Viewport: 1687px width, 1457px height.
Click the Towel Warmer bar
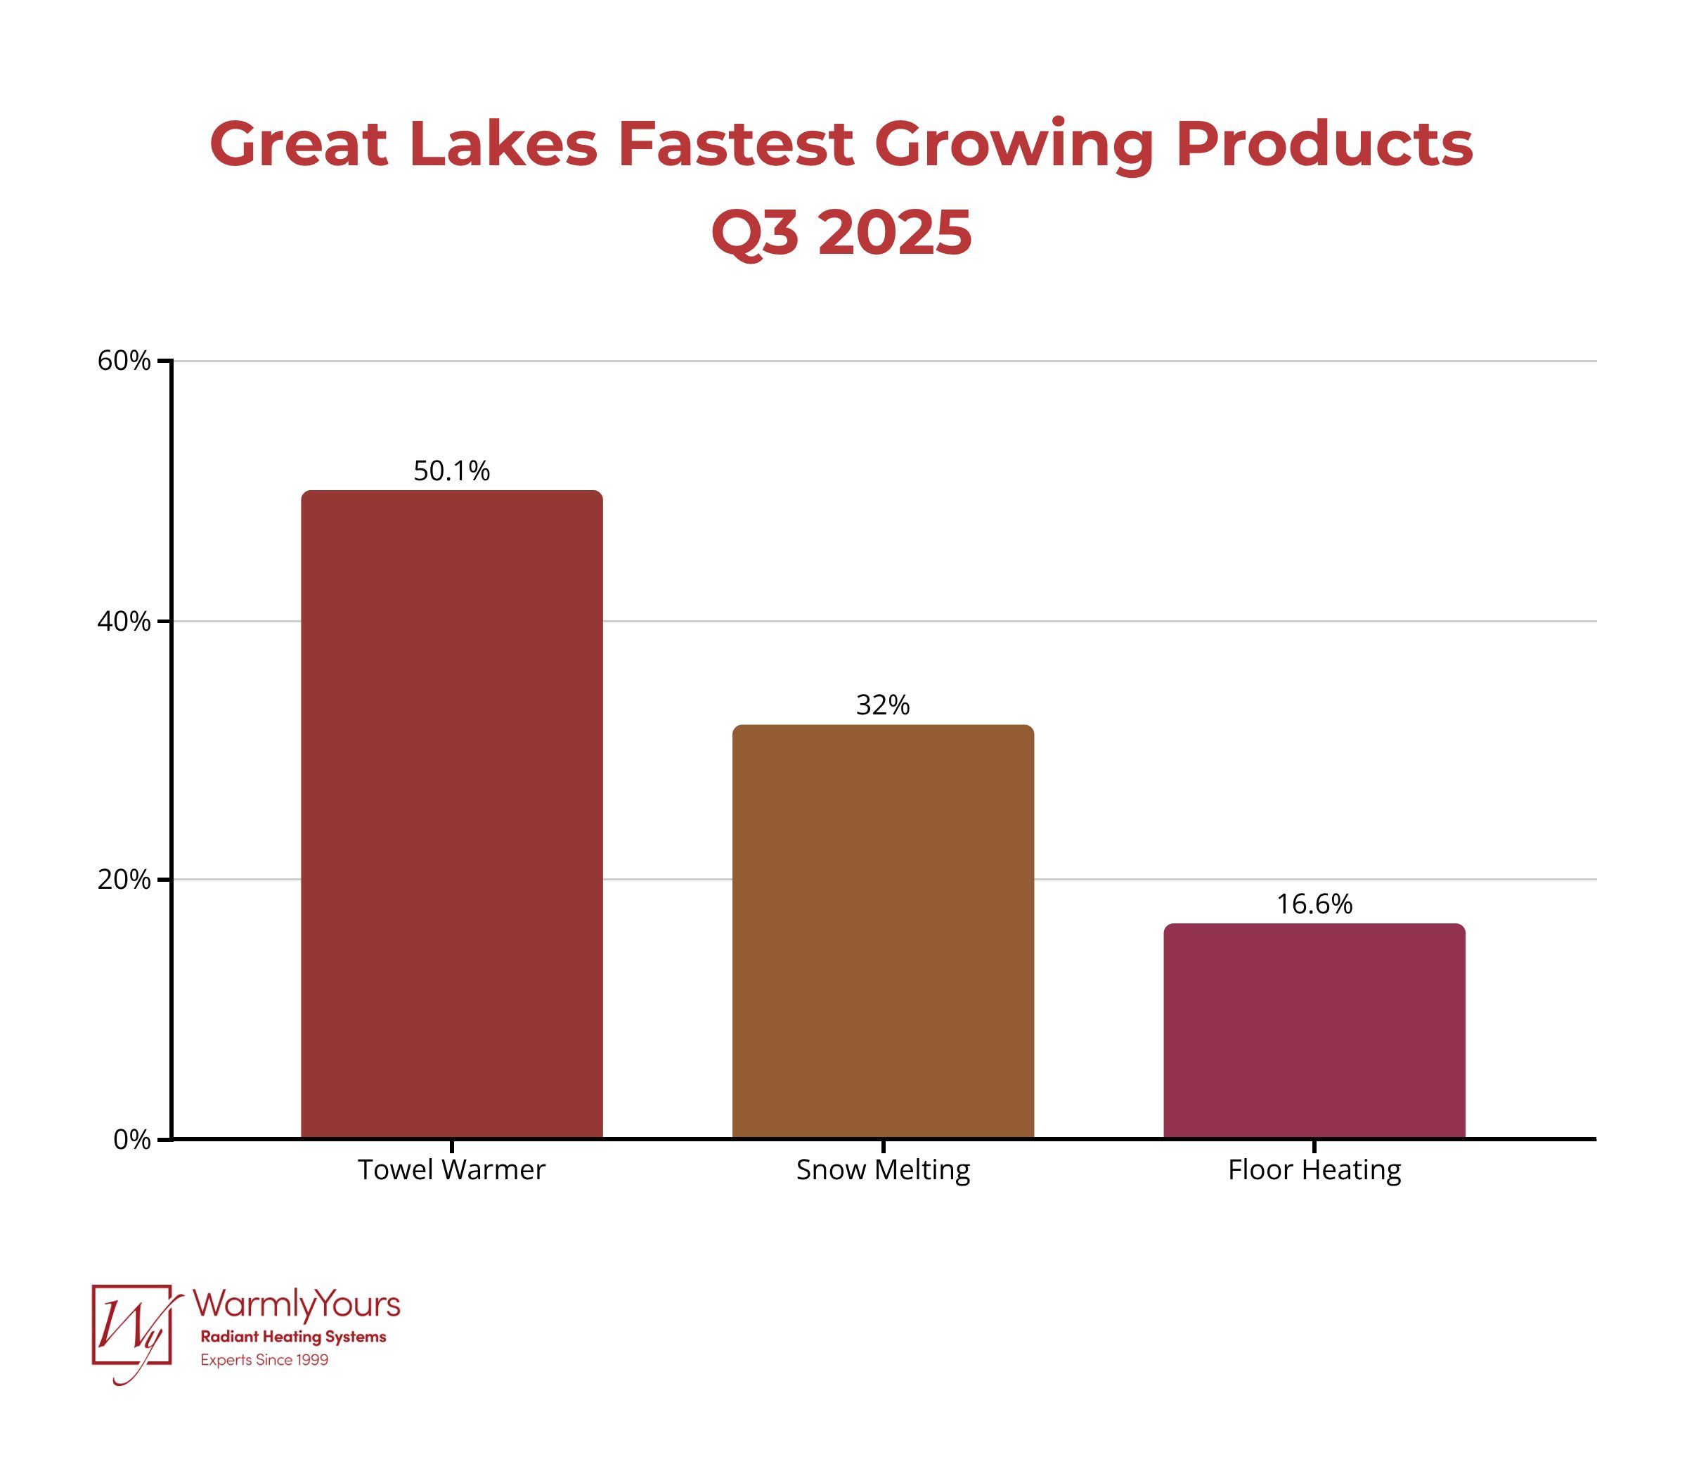coord(452,814)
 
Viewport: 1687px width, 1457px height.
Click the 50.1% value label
coord(452,470)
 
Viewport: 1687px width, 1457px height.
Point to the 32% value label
coord(883,705)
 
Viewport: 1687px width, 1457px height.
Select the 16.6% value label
coord(1313,904)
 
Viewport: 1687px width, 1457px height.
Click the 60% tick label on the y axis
coord(124,361)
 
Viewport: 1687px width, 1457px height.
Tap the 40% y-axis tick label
coord(124,622)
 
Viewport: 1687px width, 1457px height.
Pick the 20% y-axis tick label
coord(124,880)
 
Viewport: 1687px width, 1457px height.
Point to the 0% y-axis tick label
coord(132,1139)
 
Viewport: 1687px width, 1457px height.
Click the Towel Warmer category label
coord(452,1169)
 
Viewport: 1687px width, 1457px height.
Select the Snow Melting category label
coord(883,1169)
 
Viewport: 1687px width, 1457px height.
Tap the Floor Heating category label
coord(1313,1169)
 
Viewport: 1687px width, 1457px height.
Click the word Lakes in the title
coord(503,144)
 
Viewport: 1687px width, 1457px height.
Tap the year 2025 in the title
coord(895,233)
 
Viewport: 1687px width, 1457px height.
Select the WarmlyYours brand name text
coord(297,1304)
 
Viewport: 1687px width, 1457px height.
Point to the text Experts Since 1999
coord(264,1360)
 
